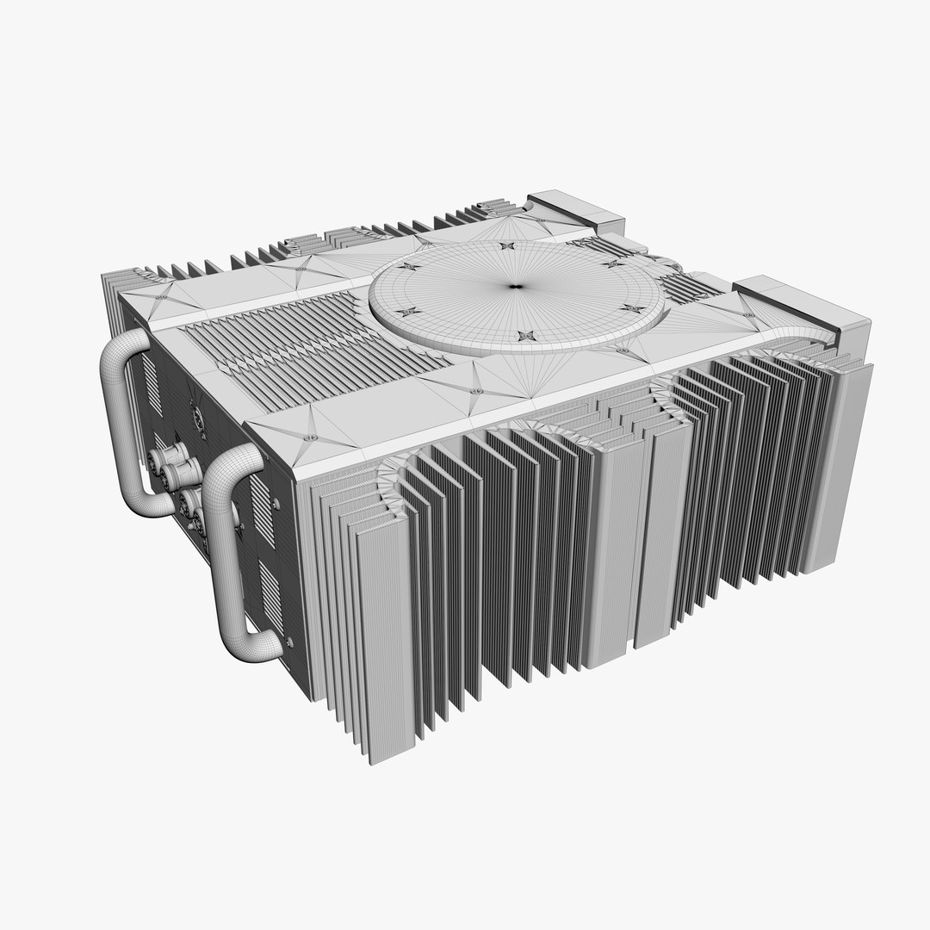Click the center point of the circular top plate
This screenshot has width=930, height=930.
point(516,286)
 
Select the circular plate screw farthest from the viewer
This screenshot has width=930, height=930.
point(505,247)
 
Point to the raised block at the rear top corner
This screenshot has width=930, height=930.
point(576,210)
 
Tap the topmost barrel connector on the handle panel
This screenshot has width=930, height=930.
point(163,458)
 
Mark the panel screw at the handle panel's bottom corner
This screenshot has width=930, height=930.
point(289,642)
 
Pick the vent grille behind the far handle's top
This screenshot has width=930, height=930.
point(151,379)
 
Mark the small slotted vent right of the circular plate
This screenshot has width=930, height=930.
point(689,288)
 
